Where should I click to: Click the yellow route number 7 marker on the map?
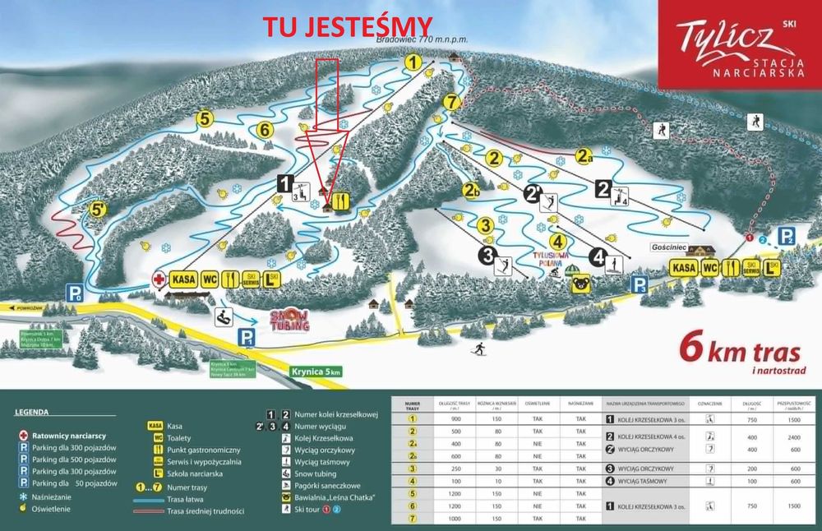450,102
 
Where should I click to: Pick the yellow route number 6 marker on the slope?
264,129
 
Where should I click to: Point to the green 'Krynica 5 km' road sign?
315,372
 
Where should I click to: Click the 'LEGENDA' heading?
32,411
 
